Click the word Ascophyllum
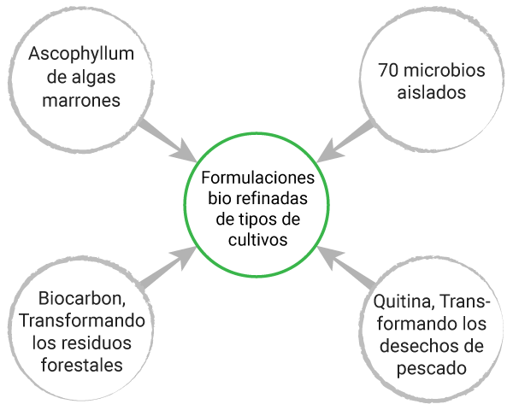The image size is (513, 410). (82, 56)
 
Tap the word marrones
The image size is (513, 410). (81, 100)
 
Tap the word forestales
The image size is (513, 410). (82, 366)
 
